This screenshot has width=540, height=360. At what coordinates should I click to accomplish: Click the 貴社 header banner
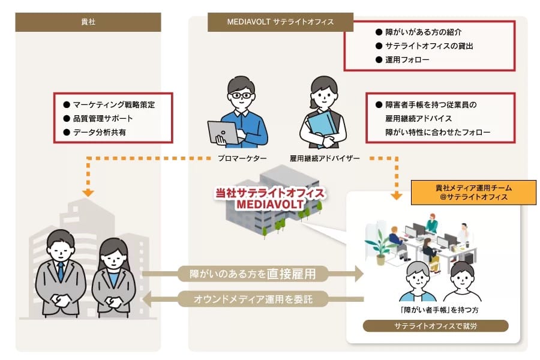coord(88,22)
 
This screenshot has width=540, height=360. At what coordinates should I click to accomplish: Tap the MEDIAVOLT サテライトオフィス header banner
coord(280,22)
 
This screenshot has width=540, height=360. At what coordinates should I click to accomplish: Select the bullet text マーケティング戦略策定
coord(114,105)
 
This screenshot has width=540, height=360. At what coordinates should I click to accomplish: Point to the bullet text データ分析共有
coord(100,132)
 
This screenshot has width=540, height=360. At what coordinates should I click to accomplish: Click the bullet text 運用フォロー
coord(407,59)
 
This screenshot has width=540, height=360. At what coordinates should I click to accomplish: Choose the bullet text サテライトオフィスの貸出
coord(429,46)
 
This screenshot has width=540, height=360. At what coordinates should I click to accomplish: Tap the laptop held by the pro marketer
coord(224,133)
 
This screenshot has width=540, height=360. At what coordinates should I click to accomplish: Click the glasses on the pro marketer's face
coord(241,95)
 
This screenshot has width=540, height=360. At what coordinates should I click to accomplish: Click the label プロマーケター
coord(242,158)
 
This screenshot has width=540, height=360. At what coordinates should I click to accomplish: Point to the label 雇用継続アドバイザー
coord(325,158)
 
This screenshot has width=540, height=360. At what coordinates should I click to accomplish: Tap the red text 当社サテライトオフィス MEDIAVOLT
coord(270,198)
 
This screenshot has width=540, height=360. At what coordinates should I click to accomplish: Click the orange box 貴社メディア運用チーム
coord(473,193)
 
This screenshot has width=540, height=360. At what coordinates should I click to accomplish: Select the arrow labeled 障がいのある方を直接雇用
coord(253,274)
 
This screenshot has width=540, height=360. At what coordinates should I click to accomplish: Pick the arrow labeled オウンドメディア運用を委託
coord(253,299)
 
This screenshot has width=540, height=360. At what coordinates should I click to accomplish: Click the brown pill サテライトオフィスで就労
coord(436,326)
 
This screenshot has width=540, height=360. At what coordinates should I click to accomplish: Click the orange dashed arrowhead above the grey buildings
coord(88,193)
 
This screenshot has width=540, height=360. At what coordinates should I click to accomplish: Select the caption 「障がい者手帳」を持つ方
coord(439,310)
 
